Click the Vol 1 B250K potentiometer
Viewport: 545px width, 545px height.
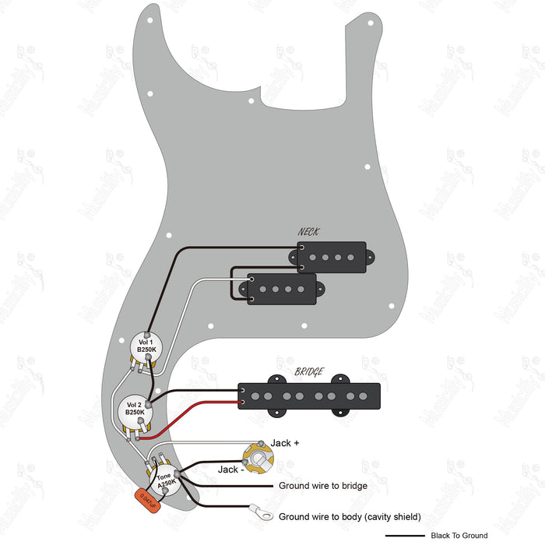click(x=146, y=346)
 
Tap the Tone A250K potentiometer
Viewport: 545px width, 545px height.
click(x=164, y=480)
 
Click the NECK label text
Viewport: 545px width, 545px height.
click(x=308, y=232)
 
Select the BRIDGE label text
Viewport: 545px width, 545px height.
click(x=309, y=372)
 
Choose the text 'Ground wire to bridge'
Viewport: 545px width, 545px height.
click(x=322, y=486)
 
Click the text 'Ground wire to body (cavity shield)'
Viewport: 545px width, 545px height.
click(x=350, y=516)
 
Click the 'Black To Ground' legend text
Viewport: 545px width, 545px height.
click(x=459, y=536)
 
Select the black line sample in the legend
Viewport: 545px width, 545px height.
click(x=405, y=536)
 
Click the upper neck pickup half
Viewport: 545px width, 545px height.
click(x=332, y=253)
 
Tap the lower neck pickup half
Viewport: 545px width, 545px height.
click(x=282, y=287)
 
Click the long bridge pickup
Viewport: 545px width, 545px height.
click(x=309, y=396)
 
